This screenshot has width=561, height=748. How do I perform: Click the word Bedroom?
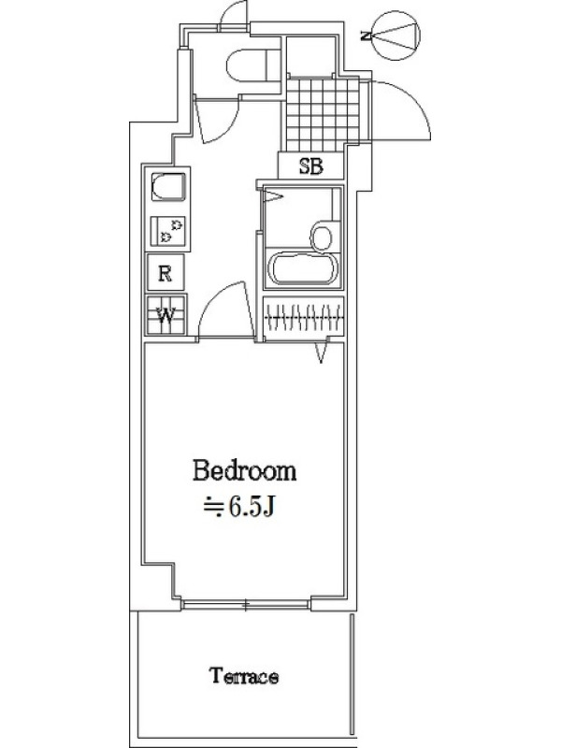[x=244, y=470]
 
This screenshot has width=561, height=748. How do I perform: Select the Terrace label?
[x=244, y=676]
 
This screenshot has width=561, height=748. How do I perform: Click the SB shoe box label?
[x=311, y=166]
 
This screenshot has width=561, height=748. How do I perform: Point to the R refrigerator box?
[x=165, y=273]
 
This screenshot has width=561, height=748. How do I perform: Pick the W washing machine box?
[x=166, y=315]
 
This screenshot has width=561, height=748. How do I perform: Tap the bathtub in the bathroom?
[x=302, y=269]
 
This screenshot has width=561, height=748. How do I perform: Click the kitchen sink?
[x=168, y=188]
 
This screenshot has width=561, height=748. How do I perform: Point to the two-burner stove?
[x=168, y=231]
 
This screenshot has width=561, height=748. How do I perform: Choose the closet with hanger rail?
[x=304, y=318]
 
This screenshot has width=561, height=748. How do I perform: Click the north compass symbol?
[x=396, y=36]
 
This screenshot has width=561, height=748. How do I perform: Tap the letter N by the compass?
[x=365, y=36]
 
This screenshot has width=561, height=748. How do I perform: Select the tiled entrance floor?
[x=323, y=114]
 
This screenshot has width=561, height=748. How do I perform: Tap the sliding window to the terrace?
[x=246, y=605]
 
